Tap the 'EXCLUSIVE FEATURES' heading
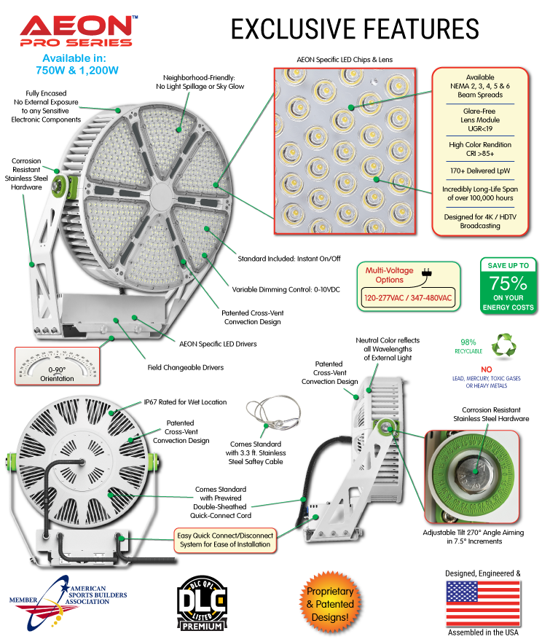[x=355, y=28]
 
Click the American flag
[x=483, y=603]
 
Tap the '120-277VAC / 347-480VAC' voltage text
[x=409, y=299]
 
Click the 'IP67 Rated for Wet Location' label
[x=185, y=402]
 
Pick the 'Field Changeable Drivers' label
[x=182, y=367]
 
